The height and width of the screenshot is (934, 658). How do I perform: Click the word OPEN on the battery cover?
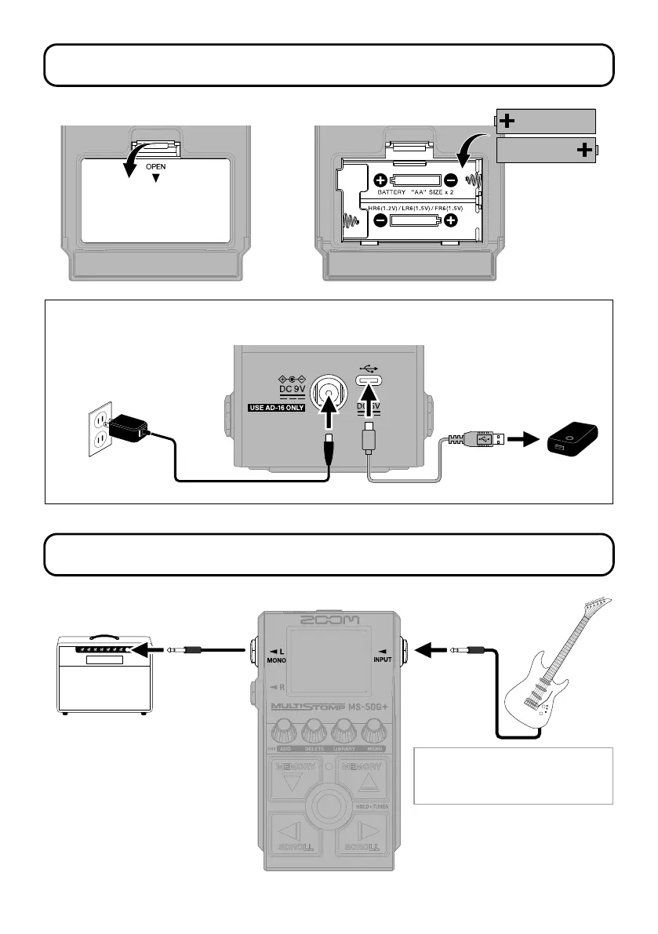(x=155, y=167)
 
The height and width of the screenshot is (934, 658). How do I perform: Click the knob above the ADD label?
(x=283, y=732)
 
